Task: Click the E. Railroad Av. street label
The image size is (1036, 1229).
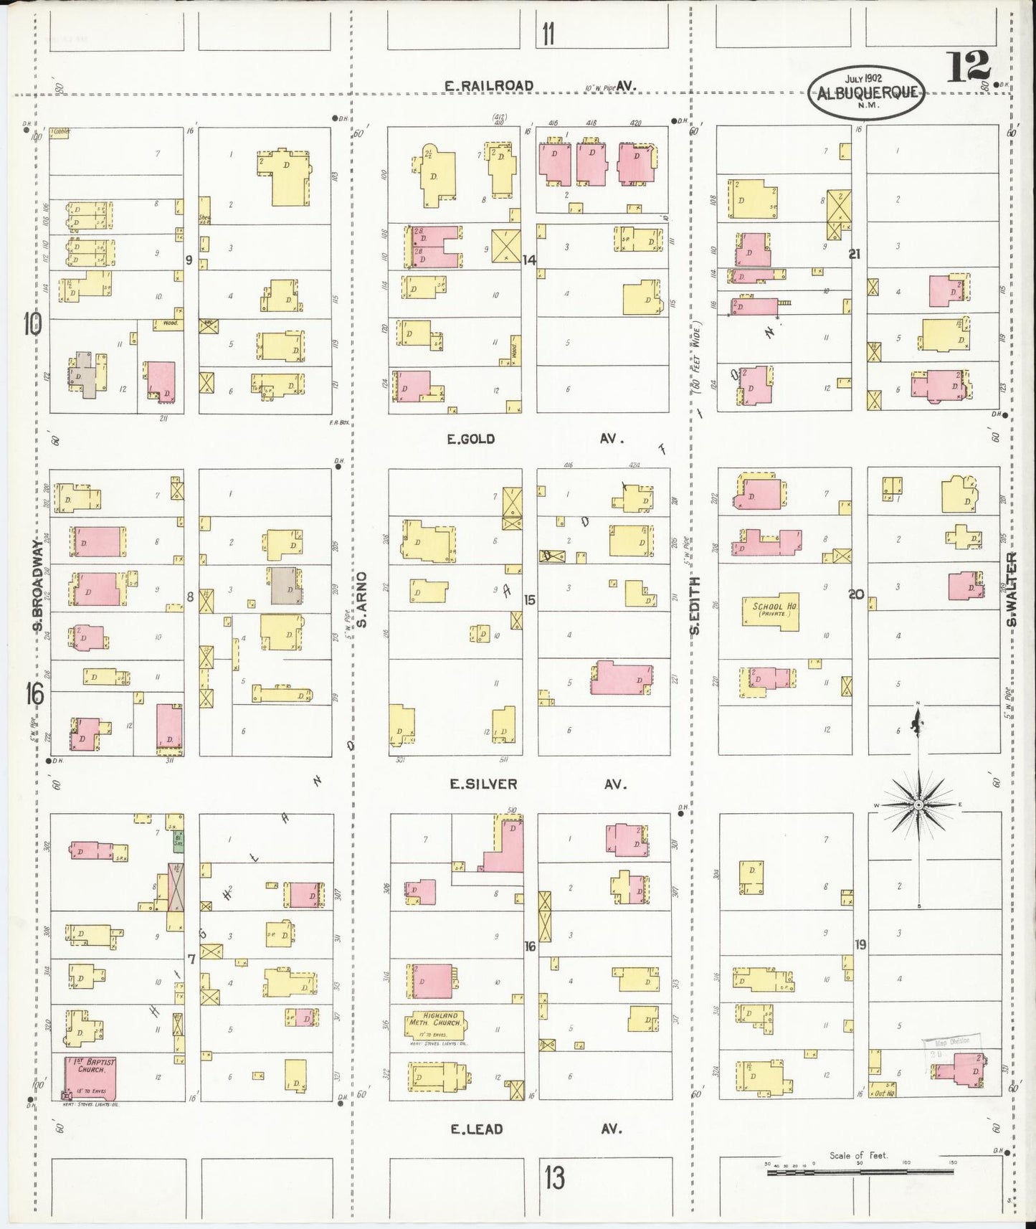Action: coord(489,86)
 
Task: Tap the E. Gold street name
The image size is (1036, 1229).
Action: coord(471,439)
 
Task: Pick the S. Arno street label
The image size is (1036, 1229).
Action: coord(363,599)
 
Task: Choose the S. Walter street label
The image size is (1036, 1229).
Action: coord(1012,589)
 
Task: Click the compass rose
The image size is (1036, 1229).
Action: coord(918,805)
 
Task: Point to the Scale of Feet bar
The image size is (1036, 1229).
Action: coord(858,1171)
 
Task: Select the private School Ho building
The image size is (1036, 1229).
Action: coord(771,611)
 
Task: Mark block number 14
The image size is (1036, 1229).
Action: coord(529,260)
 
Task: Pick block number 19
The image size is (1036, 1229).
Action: coord(860,944)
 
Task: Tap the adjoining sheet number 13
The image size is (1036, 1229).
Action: coord(553,1177)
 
